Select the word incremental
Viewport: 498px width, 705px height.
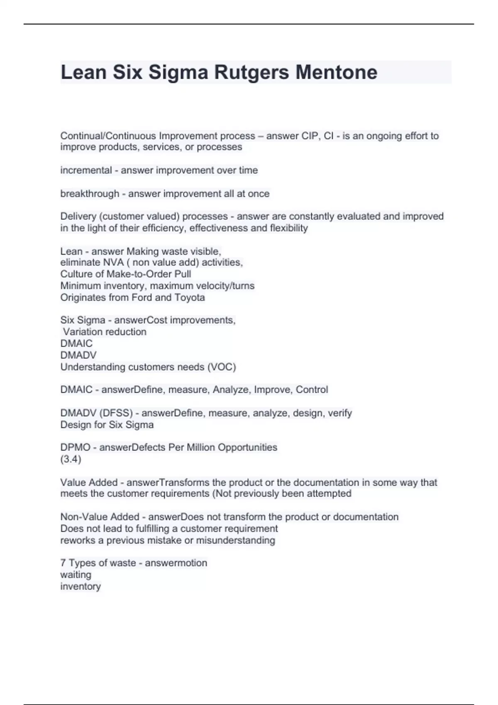point(86,170)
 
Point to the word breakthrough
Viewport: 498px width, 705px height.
point(90,194)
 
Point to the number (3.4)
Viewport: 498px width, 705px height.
point(71,459)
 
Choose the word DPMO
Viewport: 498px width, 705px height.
point(75,447)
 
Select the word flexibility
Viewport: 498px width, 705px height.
point(289,228)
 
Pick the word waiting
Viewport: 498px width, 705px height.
point(76,575)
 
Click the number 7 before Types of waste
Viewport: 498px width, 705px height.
point(63,563)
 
